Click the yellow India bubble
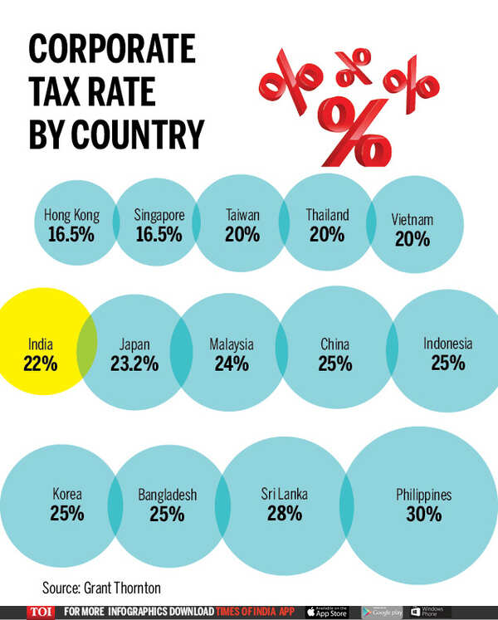coord(37,353)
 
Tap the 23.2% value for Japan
coord(134,364)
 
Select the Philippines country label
coord(423,496)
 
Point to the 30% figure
coord(423,515)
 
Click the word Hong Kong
coord(71,215)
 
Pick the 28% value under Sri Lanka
coord(284,514)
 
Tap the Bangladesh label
coord(167,496)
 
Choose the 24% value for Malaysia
coord(232,364)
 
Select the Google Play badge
coord(383,612)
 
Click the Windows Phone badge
coord(431,612)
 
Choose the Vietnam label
coord(413,220)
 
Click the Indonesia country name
coord(447,344)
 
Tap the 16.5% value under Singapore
coord(158,234)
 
